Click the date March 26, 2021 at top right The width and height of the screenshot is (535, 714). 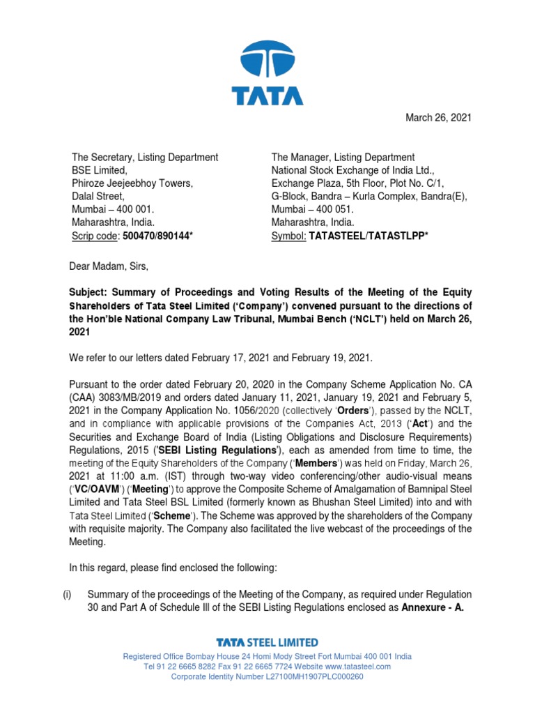[438, 118]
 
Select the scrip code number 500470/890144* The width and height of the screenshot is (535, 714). [157, 237]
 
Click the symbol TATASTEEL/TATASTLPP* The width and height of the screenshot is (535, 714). [369, 237]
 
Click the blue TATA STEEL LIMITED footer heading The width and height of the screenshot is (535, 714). [267, 642]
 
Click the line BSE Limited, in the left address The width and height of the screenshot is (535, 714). [102, 171]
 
